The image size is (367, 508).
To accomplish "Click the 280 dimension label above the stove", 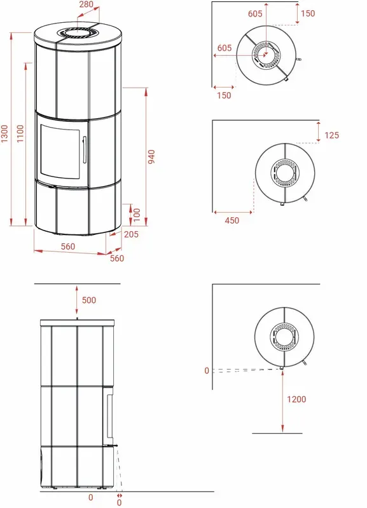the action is pos(87,4).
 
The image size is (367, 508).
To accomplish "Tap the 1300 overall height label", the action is pos(4,133).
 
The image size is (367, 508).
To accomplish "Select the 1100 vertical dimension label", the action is pos(20,133).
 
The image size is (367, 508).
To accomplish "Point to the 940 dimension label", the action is pos(151,157).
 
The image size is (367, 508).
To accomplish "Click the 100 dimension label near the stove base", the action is pos(137,215).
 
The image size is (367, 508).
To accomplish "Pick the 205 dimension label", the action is pos(131,234).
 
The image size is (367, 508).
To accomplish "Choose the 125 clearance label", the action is pos(331,135).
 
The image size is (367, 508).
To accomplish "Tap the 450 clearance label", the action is pos(232,220).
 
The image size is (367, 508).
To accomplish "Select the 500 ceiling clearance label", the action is pos(89,300).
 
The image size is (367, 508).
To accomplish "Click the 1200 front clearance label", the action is pos(296,399).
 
